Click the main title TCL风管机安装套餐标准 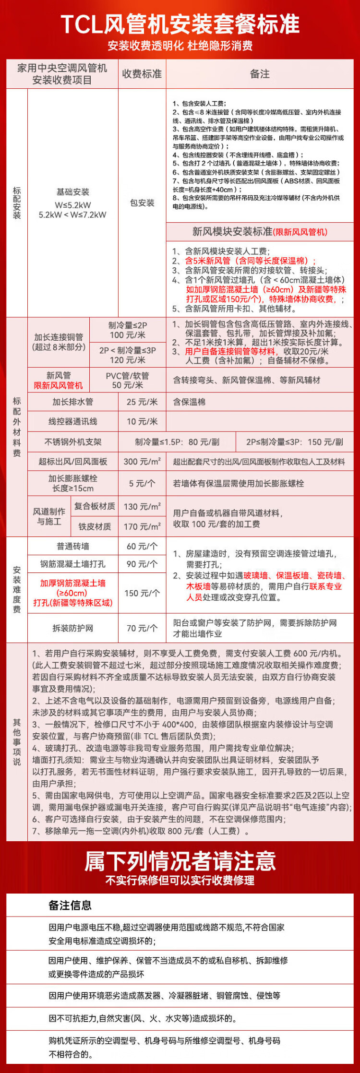(x=180, y=24)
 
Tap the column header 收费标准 (x=142, y=74)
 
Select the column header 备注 (x=260, y=74)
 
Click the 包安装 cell (x=142, y=203)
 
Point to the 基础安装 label (x=73, y=192)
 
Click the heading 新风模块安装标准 (x=232, y=232)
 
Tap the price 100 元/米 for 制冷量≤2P (x=128, y=335)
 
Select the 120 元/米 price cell (x=128, y=360)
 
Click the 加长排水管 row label (x=73, y=402)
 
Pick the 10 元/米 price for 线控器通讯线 (x=142, y=421)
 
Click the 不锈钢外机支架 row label (x=73, y=442)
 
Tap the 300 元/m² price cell (x=142, y=462)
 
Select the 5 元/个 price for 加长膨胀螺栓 (x=142, y=484)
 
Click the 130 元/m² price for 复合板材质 (x=142, y=506)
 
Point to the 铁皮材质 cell (x=95, y=526)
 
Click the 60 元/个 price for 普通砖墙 (x=142, y=546)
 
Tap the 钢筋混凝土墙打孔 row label (x=73, y=564)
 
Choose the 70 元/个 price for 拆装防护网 (x=142, y=628)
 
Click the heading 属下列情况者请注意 (x=180, y=861)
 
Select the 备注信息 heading (x=70, y=906)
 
